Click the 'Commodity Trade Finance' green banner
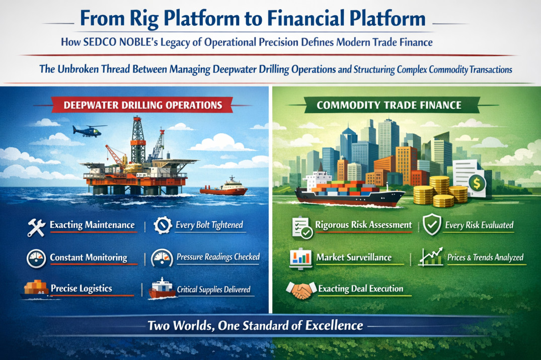point(389,106)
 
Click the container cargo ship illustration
point(347,189)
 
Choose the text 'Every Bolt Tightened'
point(209,225)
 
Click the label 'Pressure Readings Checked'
point(218,257)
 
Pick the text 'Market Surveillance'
point(354,257)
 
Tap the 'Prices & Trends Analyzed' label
point(485,258)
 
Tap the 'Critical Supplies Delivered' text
point(213,290)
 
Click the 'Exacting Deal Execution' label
point(360,289)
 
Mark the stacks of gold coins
point(440,192)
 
